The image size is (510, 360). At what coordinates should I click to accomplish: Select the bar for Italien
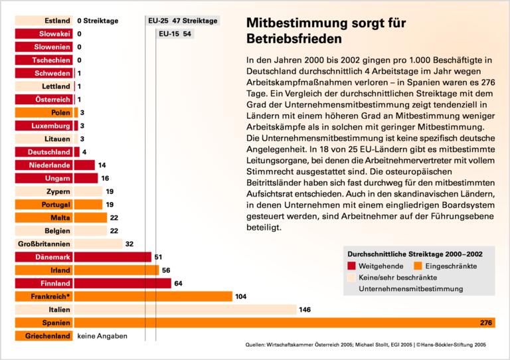[186, 310]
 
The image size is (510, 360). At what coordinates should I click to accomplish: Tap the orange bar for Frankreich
[153, 296]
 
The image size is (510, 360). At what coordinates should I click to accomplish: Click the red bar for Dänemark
[113, 257]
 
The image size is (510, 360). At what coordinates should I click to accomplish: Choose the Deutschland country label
[50, 151]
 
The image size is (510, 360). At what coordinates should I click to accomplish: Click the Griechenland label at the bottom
[47, 336]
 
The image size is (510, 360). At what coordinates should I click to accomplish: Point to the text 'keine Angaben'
[102, 336]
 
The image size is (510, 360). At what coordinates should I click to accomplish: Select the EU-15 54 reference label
[175, 33]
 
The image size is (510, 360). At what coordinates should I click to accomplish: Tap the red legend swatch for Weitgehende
[352, 266]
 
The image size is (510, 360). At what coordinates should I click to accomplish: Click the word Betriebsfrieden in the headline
[290, 39]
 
